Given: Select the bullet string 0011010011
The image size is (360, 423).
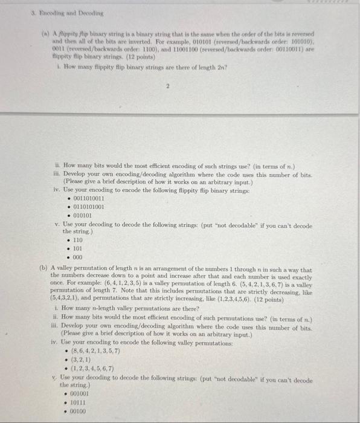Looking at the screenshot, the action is point(88,198).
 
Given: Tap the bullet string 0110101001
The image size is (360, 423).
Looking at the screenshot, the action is point(88,206).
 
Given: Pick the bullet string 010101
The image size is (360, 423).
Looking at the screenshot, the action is point(82,215).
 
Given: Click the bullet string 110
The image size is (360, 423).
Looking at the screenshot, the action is point(77,240).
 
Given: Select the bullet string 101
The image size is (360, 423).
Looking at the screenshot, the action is point(77,248).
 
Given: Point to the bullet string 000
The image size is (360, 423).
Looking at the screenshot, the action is point(77,256).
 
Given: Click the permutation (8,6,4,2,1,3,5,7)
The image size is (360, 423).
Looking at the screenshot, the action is point(96,350).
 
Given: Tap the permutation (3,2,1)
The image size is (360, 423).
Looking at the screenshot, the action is point(82,359).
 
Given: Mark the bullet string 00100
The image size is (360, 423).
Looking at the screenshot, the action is point(79,410).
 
